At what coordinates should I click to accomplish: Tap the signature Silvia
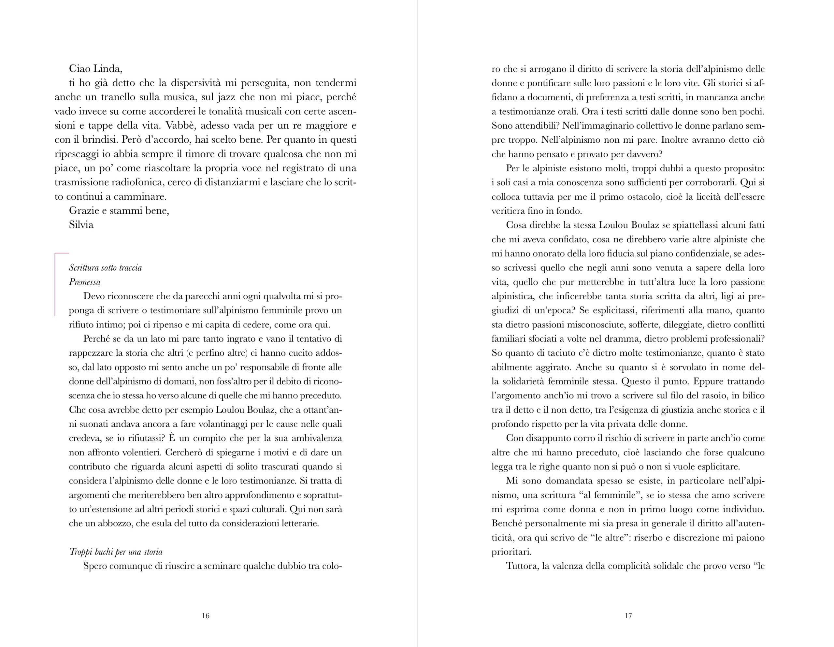click(81, 224)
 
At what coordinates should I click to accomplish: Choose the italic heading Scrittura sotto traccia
click(106, 268)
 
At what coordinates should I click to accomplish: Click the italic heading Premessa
click(85, 282)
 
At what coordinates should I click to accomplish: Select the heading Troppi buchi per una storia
click(116, 552)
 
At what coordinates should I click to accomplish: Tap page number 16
click(206, 616)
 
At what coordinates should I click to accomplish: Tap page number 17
click(628, 616)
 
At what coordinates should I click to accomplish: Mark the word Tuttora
click(522, 566)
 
